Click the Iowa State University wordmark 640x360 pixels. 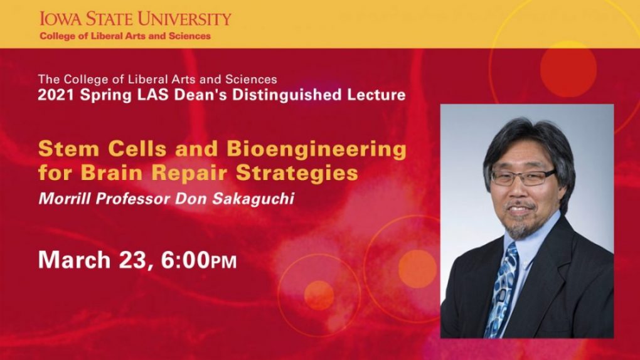coord(135,19)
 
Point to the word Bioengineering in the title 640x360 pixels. coord(316,149)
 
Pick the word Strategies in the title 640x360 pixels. coord(297,173)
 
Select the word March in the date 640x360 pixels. coord(74,260)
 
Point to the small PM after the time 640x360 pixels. coord(223,262)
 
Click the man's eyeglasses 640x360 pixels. coord(523,177)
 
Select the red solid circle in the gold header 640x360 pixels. coord(568,68)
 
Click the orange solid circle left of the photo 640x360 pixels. coord(417,269)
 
